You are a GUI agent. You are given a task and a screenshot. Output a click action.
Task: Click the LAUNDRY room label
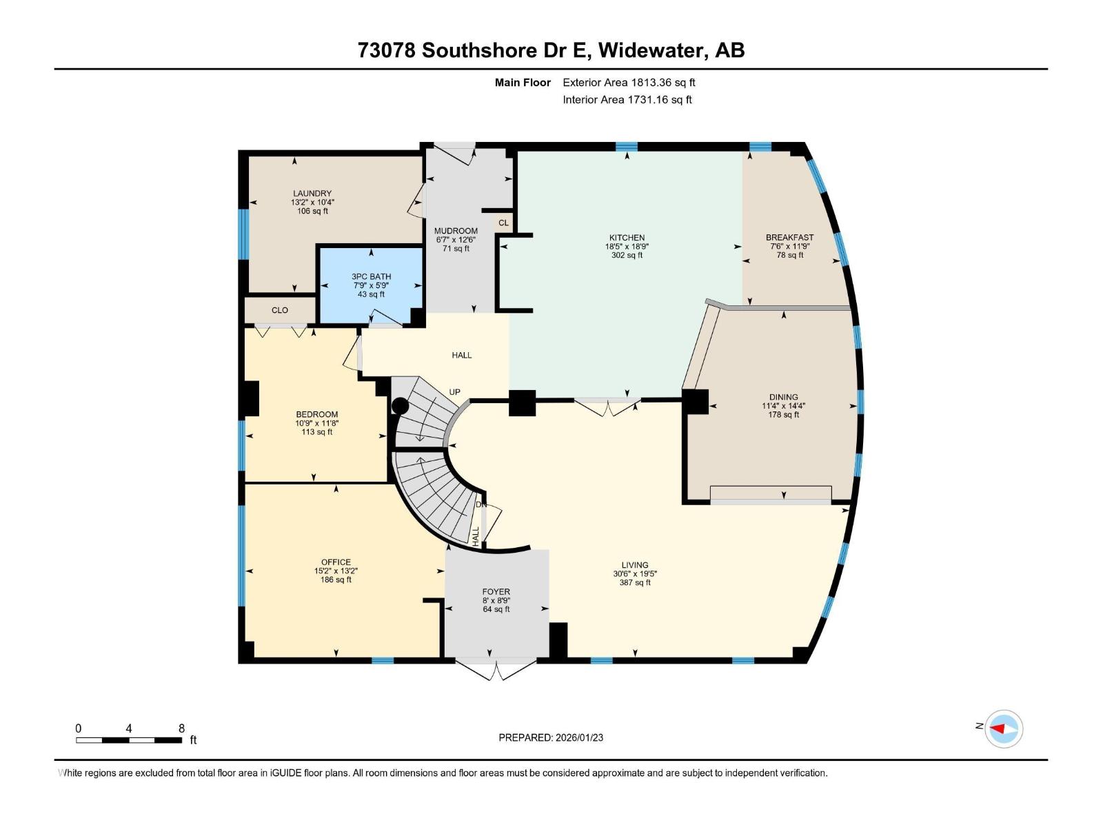point(312,194)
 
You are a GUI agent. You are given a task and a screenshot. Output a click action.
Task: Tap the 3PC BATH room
point(371,285)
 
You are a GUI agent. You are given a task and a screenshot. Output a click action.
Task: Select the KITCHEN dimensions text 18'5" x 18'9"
point(627,246)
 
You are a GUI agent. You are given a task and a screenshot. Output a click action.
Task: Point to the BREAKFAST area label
point(789,238)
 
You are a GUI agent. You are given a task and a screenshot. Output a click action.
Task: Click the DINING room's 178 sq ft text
point(783,415)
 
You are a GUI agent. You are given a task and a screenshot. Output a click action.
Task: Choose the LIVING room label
point(634,565)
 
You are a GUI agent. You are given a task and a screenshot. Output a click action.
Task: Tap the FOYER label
point(496,591)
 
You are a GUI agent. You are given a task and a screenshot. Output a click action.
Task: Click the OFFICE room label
point(336,562)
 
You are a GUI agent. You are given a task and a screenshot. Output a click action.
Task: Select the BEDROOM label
point(317,415)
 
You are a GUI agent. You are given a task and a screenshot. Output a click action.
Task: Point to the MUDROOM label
point(456,231)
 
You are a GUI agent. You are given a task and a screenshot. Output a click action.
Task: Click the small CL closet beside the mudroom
point(503,223)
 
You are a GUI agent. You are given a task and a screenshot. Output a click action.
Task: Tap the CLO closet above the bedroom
point(280,310)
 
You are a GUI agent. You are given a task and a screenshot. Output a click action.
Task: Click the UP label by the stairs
point(454,392)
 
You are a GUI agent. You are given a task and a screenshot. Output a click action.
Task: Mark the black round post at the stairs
point(400,406)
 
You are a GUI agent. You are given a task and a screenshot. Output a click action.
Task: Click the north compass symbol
point(1003,728)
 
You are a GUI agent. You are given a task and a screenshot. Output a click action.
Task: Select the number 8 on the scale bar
point(181,728)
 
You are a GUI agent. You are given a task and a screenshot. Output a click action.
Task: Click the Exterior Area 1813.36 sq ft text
point(629,83)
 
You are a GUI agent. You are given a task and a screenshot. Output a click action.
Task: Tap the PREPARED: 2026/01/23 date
point(551,737)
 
